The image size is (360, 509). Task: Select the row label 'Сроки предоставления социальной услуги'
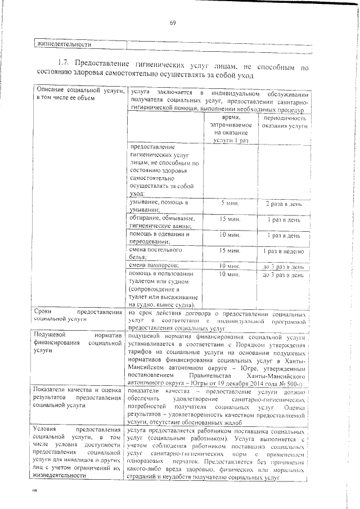78,314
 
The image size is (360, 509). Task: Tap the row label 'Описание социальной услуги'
78,94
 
